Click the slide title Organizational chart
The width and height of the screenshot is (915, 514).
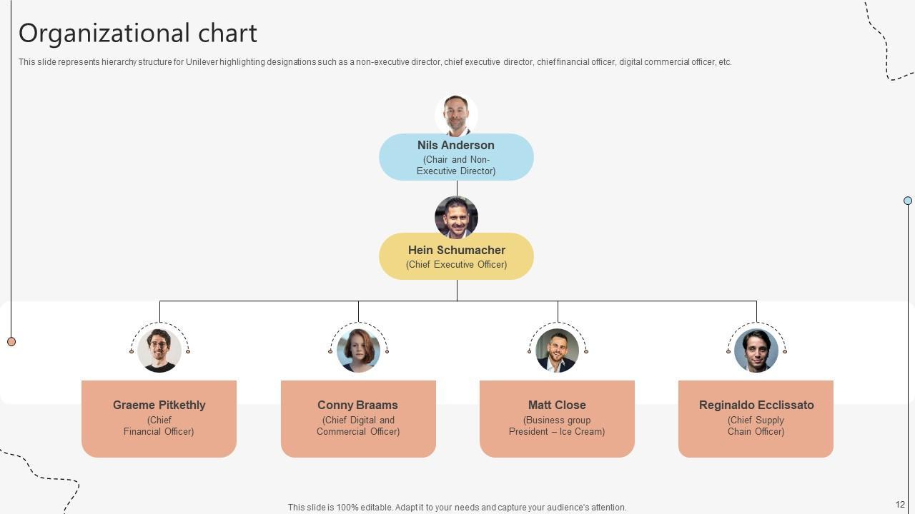[137, 34]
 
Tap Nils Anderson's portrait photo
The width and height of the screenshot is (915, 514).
[456, 115]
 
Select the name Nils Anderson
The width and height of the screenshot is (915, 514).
[456, 145]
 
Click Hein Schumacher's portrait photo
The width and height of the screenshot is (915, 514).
[456, 217]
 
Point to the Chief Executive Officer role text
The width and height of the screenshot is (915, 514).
[456, 265]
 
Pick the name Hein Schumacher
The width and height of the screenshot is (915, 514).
[456, 250]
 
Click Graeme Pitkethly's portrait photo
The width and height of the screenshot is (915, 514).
[159, 350]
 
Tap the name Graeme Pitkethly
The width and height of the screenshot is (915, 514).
[159, 405]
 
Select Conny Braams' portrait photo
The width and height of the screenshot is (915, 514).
[358, 350]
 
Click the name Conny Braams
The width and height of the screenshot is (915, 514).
[357, 405]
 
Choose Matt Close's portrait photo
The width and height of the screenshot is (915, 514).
[557, 350]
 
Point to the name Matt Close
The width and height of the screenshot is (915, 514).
[557, 405]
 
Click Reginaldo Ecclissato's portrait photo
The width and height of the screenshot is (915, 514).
[756, 350]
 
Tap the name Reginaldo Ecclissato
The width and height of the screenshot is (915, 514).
[756, 405]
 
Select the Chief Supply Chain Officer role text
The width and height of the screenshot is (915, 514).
[756, 425]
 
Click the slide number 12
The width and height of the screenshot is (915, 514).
[900, 505]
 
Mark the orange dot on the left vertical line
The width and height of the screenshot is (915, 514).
[11, 342]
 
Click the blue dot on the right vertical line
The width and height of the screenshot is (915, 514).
[908, 201]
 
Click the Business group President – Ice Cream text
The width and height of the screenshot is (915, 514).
[557, 425]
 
